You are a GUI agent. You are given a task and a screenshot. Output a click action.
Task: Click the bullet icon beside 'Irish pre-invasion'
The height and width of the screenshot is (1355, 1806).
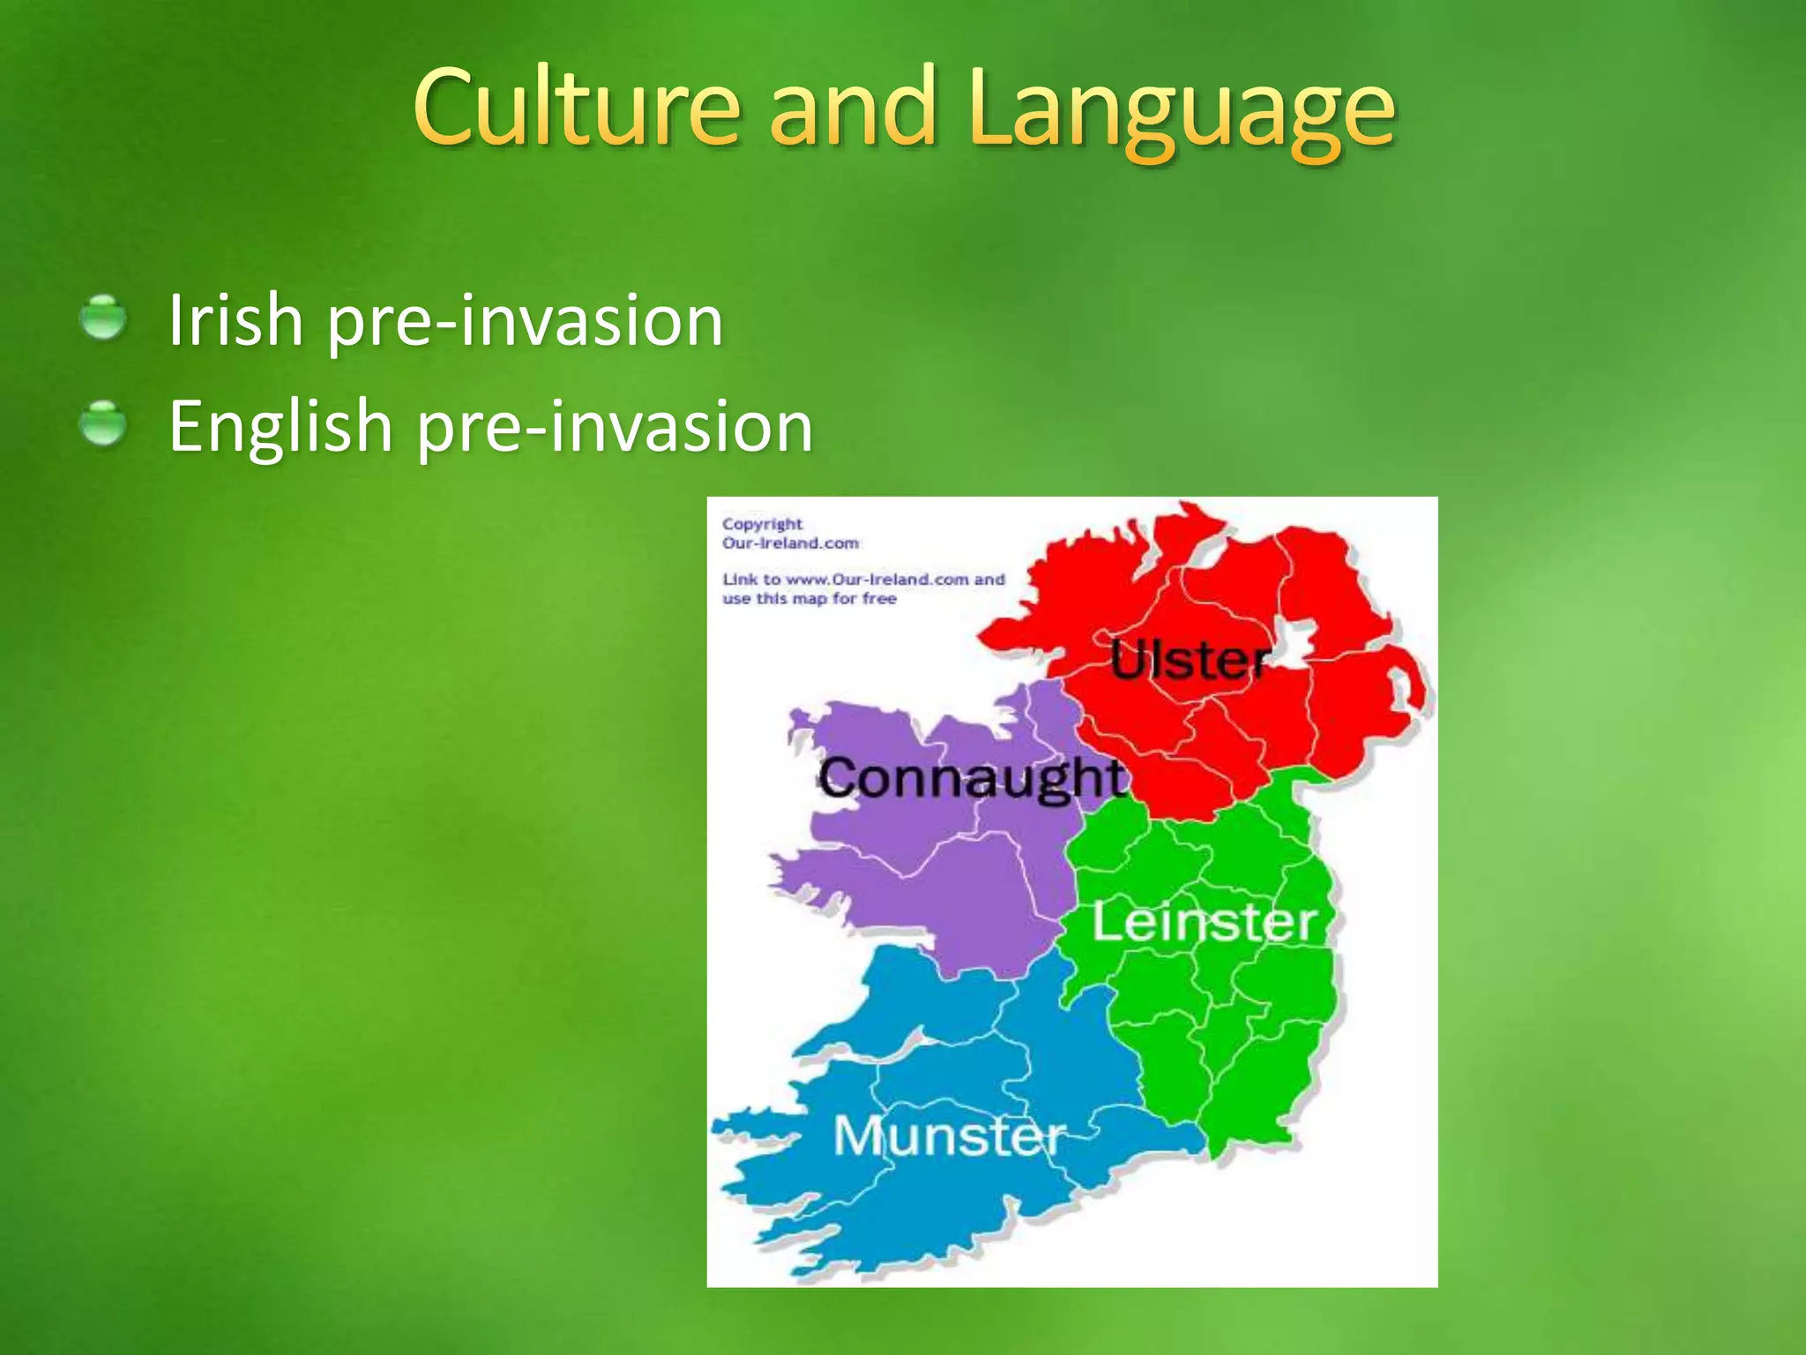104,318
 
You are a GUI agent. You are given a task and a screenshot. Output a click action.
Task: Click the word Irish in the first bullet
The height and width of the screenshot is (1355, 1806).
235,319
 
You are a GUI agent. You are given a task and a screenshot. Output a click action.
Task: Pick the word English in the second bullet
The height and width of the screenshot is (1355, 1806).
280,426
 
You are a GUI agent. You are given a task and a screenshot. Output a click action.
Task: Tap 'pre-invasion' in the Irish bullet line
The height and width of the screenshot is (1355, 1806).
525,322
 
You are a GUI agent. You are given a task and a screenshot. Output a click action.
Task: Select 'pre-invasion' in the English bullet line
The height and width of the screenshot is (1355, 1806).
615,429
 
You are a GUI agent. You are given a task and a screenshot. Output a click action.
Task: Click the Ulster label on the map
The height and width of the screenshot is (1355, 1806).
1190,660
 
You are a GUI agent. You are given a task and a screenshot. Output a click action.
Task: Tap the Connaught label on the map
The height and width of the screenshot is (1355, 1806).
971,778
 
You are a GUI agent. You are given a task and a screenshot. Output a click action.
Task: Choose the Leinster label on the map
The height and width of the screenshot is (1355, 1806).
1205,923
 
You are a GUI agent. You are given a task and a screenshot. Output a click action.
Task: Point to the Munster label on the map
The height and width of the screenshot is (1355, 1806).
949,1135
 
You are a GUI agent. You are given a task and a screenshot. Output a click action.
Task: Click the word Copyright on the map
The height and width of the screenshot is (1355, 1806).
762,524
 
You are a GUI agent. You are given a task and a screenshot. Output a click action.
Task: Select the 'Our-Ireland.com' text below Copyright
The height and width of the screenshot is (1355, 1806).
790,543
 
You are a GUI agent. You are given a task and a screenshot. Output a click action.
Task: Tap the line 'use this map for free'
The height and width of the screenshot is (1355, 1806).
809,599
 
